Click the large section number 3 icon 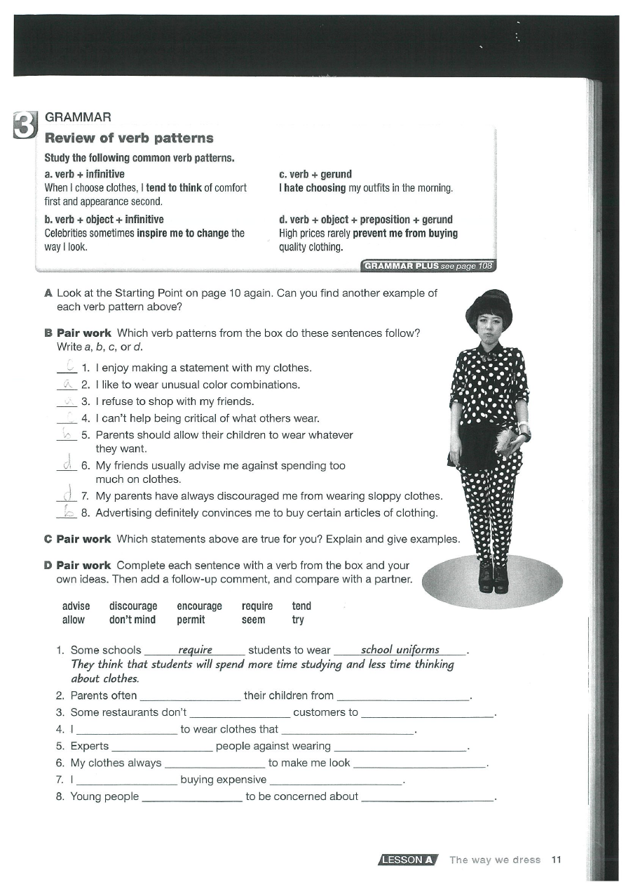24,126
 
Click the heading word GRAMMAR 78,117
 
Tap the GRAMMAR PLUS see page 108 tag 428,266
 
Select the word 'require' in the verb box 257,606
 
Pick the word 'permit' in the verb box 191,620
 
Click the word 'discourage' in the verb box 133,606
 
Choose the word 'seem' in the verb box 253,620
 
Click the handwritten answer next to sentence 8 68,512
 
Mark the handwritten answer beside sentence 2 68,384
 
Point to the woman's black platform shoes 493,578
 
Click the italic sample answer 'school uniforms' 400,650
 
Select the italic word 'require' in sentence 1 196,650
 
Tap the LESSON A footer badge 408,860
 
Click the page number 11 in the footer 557,860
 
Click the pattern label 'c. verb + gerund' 315,174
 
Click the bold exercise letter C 48,539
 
